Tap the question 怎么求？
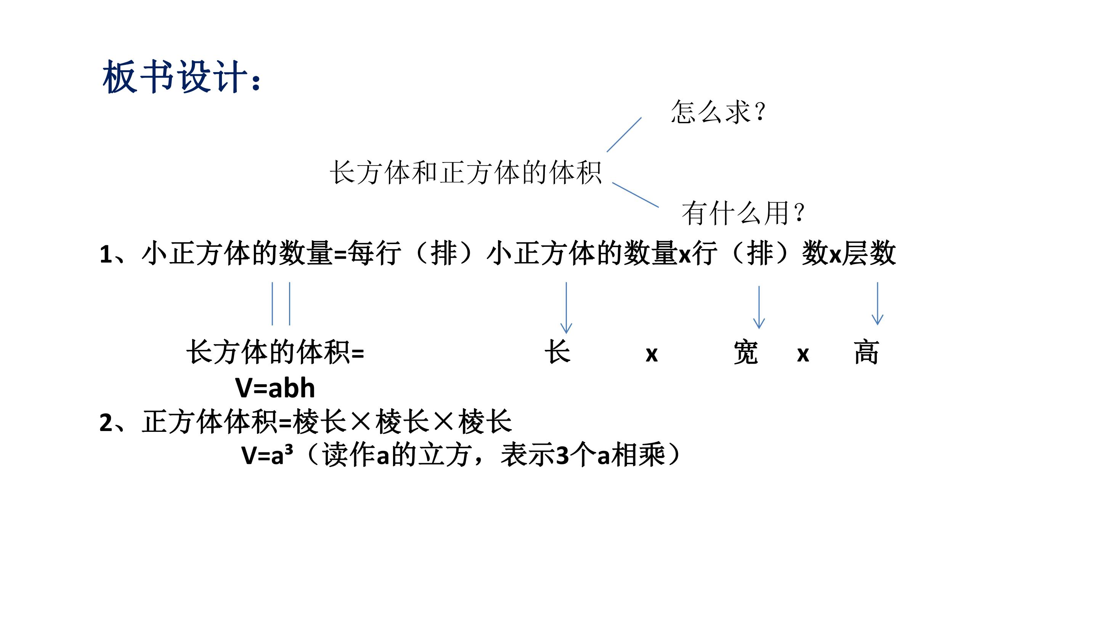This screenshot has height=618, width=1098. coord(718,112)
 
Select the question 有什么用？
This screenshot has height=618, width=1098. coord(743,213)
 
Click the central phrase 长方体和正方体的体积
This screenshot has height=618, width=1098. coord(466,173)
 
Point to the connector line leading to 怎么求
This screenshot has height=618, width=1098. coord(624,135)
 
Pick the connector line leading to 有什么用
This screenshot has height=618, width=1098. coord(636,195)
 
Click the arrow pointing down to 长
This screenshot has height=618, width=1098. coord(566,307)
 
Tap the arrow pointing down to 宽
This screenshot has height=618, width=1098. coord(759,307)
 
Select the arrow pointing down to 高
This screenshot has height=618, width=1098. coord(877,303)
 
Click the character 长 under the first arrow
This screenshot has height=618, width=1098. coord(557,352)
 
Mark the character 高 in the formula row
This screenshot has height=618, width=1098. coord(866,352)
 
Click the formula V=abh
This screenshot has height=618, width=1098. coord(275,388)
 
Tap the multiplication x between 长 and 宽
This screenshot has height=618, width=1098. coord(652,354)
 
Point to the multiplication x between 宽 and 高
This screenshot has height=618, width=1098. coord(803,354)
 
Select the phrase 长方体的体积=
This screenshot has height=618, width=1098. coord(275,352)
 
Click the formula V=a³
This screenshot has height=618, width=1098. coord(267,455)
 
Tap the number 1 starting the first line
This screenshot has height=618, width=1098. coord(106,254)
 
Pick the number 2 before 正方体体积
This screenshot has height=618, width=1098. coord(106,423)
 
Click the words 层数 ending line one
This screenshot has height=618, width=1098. coord(869,253)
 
